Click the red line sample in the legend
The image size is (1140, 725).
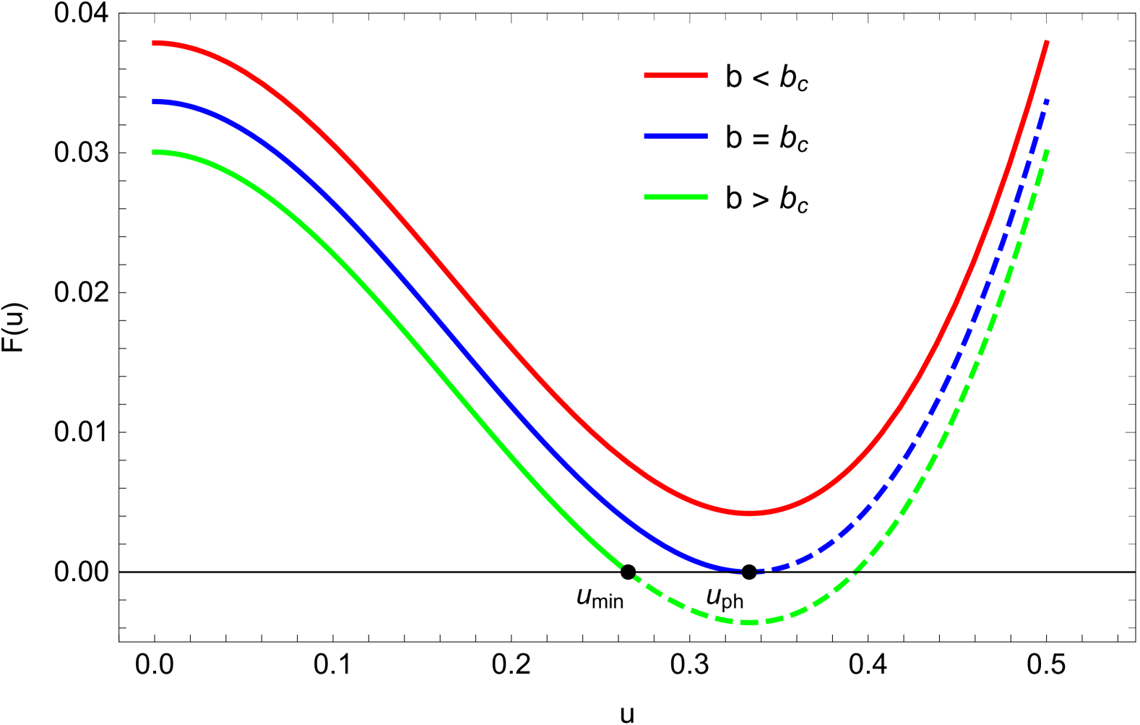[x=675, y=75]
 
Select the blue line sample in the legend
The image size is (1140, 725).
[x=675, y=136]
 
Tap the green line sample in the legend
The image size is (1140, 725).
[x=675, y=197]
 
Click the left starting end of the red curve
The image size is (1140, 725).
[x=153, y=43]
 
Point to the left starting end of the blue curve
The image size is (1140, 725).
[x=153, y=102]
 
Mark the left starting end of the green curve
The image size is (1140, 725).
[x=153, y=152]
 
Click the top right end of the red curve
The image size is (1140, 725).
[x=1047, y=43]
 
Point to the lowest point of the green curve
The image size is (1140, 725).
[x=750, y=622]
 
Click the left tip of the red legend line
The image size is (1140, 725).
[x=645, y=75]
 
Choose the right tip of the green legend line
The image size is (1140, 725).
[x=707, y=197]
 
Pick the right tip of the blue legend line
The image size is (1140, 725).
[x=707, y=136]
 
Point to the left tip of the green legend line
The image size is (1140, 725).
[x=645, y=197]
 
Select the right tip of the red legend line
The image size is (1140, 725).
[x=707, y=75]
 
